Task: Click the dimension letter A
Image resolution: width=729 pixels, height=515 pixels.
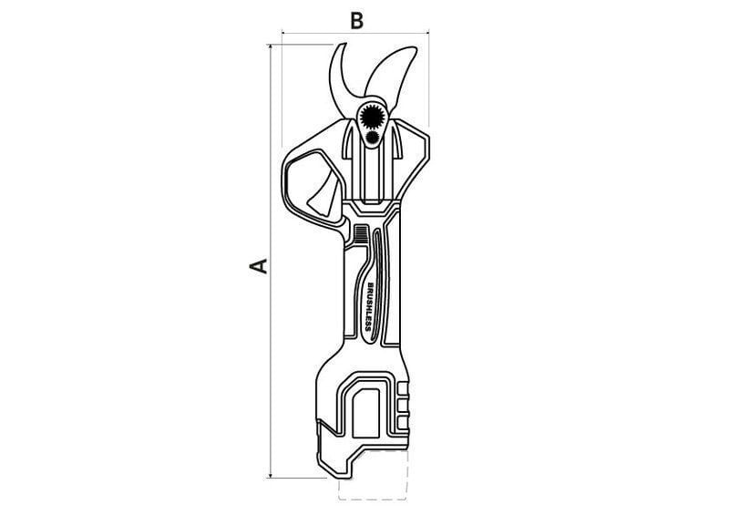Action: tap(259, 265)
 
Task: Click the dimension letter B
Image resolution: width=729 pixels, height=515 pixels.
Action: tap(356, 21)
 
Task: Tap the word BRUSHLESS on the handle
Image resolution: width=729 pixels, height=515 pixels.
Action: tap(370, 306)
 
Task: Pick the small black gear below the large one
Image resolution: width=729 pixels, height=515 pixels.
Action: tap(372, 137)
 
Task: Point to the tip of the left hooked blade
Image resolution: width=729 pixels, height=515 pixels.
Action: tap(344, 44)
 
